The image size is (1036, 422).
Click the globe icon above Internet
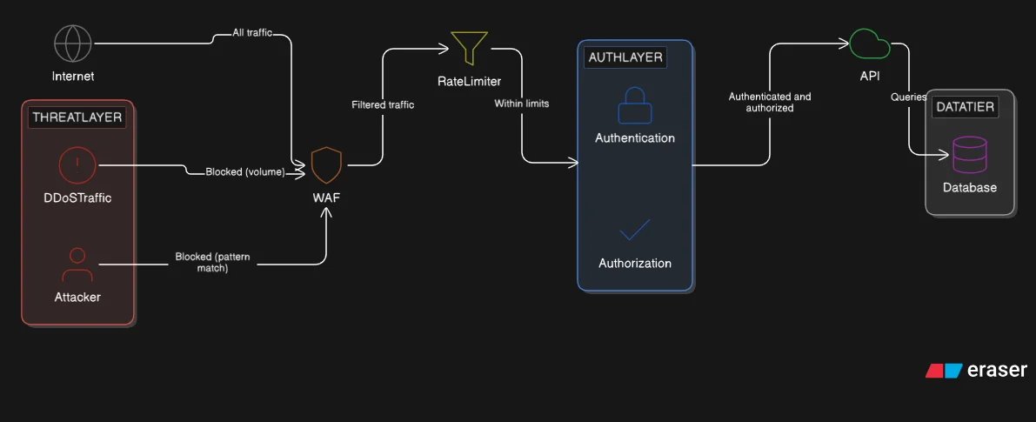pyautogui.click(x=73, y=44)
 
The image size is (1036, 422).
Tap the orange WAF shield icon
pyautogui.click(x=326, y=164)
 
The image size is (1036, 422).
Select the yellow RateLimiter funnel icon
pyautogui.click(x=469, y=49)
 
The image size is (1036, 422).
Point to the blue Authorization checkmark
pyautogui.click(x=634, y=230)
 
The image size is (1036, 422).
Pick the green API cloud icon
pyautogui.click(x=869, y=44)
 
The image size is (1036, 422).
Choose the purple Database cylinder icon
pyautogui.click(x=969, y=155)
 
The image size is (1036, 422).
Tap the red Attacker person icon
pyautogui.click(x=77, y=265)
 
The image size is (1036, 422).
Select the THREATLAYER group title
pyautogui.click(x=77, y=117)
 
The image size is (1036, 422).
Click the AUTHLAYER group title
pyautogui.click(x=626, y=57)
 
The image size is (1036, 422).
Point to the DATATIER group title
pyautogui.click(x=965, y=107)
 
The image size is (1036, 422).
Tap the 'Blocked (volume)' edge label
pyautogui.click(x=244, y=171)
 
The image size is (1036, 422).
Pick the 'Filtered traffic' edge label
pyautogui.click(x=383, y=104)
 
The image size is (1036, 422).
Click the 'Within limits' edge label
pyautogui.click(x=522, y=104)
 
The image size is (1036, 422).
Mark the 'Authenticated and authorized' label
pyautogui.click(x=769, y=103)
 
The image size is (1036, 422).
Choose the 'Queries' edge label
pyautogui.click(x=908, y=97)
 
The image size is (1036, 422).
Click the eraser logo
pyautogui.click(x=976, y=370)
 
